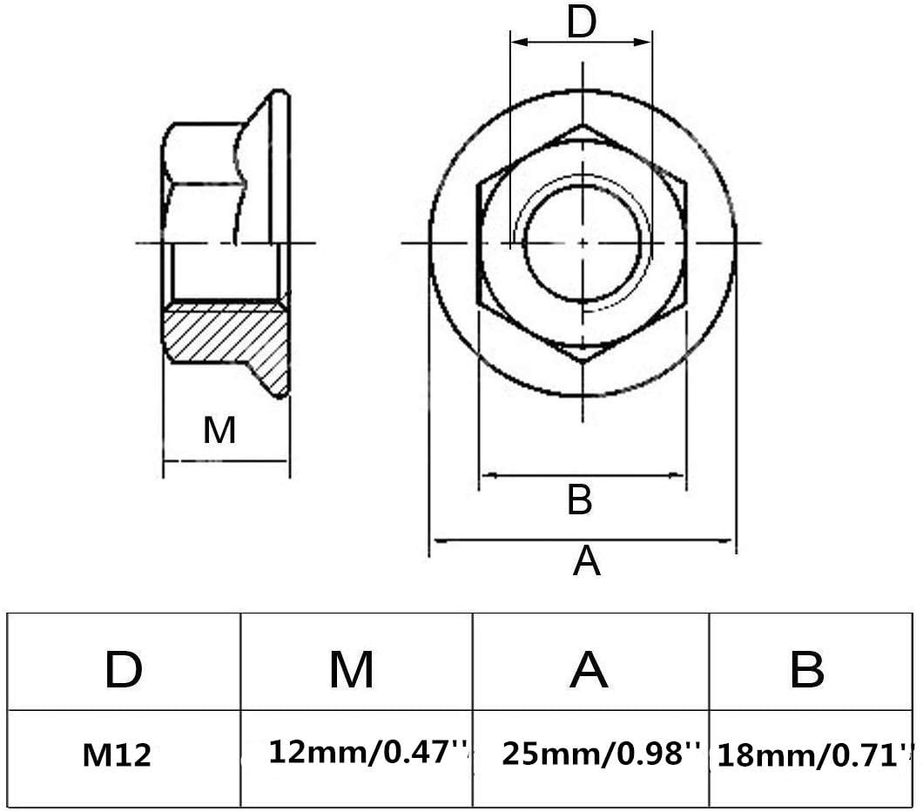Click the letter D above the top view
(581, 23)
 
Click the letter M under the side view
(219, 430)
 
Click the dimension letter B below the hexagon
(580, 500)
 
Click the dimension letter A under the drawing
(586, 561)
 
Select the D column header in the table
(124, 670)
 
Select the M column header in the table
(352, 670)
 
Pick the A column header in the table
(589, 670)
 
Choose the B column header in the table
(806, 670)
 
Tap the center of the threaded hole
(583, 241)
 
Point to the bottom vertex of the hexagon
(583, 360)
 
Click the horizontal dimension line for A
(583, 540)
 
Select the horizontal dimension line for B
(583, 475)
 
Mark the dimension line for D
(581, 42)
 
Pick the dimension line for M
(226, 461)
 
